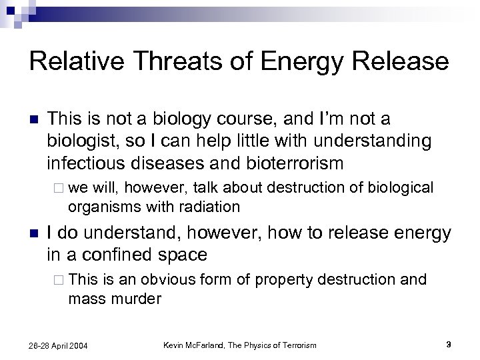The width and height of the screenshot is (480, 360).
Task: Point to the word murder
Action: coord(137,299)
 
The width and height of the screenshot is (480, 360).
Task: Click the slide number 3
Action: coord(449,344)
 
